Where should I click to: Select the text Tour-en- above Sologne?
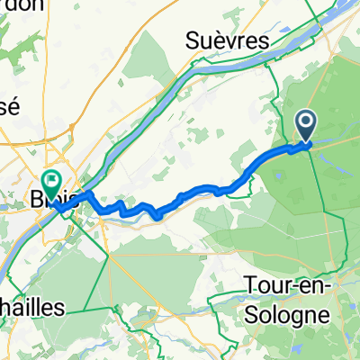click(289, 286)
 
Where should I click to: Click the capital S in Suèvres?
click(193, 40)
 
